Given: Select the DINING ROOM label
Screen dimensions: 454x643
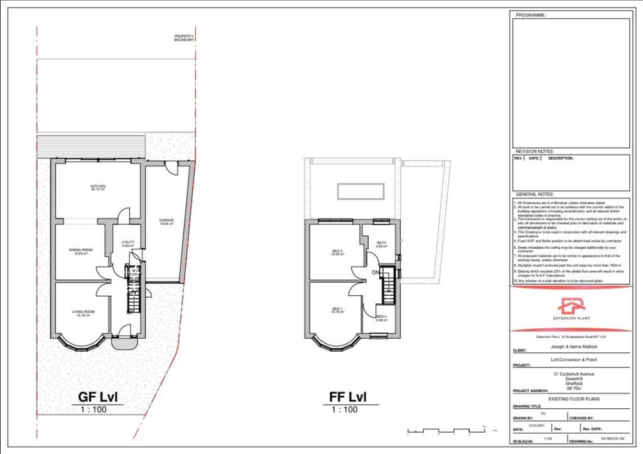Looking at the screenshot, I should [x=80, y=251].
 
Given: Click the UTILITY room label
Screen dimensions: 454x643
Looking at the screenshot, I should [x=128, y=244].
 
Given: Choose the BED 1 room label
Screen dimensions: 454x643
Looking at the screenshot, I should [x=337, y=310].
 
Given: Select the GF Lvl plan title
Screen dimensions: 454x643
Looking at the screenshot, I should [x=97, y=397].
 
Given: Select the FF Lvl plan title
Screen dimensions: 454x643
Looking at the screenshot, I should [x=347, y=397].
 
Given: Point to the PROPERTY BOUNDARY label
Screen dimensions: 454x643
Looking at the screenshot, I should [x=184, y=38].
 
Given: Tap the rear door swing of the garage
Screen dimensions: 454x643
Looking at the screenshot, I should [x=171, y=167].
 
